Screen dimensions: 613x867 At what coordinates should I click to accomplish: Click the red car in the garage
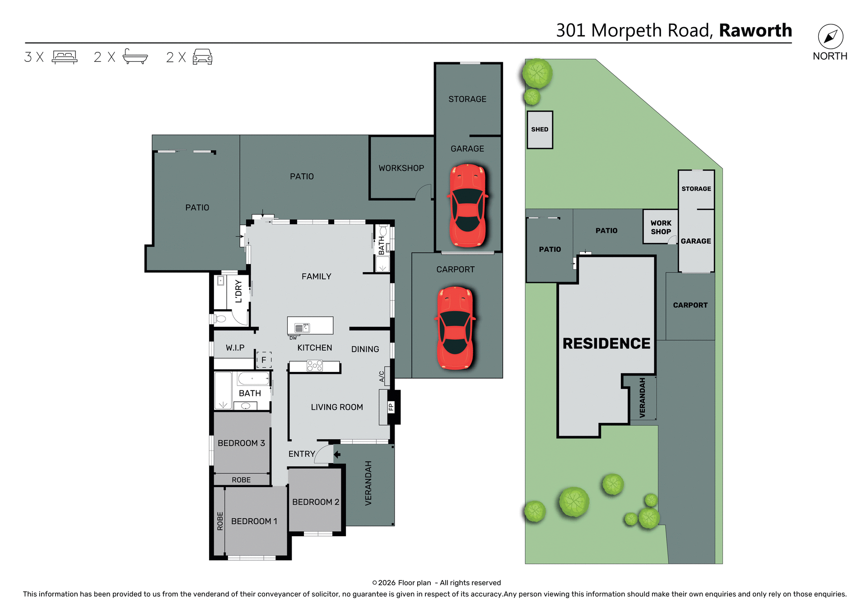pyautogui.click(x=468, y=205)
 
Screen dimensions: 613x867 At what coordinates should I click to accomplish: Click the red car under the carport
pyautogui.click(x=455, y=328)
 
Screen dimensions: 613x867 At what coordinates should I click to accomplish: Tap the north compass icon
pyautogui.click(x=830, y=37)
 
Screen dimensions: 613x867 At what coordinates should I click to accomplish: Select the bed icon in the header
pyautogui.click(x=65, y=57)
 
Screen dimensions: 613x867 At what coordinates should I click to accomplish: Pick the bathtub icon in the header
pyautogui.click(x=135, y=57)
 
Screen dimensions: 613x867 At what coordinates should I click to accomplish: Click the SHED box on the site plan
pyautogui.click(x=540, y=130)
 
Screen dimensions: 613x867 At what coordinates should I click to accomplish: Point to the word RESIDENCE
pyautogui.click(x=606, y=344)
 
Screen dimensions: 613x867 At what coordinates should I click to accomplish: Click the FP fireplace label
pyautogui.click(x=391, y=407)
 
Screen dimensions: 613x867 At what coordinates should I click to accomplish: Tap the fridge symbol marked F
pyautogui.click(x=264, y=360)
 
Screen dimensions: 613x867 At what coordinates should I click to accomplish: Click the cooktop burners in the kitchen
pyautogui.click(x=315, y=365)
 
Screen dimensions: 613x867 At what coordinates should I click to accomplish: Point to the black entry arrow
pyautogui.click(x=337, y=454)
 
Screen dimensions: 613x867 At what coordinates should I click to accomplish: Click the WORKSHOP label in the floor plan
pyautogui.click(x=401, y=168)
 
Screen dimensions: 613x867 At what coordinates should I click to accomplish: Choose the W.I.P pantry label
pyautogui.click(x=235, y=348)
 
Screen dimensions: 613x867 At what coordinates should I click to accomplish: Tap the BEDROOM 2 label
pyautogui.click(x=315, y=502)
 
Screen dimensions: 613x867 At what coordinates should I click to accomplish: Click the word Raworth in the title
pyautogui.click(x=755, y=31)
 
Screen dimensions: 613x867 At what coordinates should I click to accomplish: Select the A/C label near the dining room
pyautogui.click(x=382, y=376)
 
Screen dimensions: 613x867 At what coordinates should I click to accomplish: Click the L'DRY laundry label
pyautogui.click(x=238, y=291)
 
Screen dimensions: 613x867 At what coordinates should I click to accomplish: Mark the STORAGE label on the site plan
pyautogui.click(x=696, y=189)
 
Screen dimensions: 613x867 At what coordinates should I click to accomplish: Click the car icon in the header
pyautogui.click(x=202, y=57)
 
